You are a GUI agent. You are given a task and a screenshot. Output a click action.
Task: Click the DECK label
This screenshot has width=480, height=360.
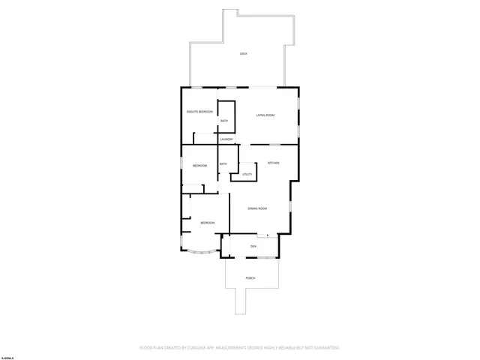click(x=243, y=54)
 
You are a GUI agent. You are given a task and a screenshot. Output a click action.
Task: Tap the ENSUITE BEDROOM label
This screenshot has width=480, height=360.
click(x=200, y=112)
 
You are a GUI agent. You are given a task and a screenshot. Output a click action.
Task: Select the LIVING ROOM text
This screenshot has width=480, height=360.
click(x=265, y=115)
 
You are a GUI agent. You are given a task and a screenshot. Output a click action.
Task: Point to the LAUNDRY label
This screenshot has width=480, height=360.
click(x=226, y=139)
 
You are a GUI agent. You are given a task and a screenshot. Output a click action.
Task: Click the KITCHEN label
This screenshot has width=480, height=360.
click(x=274, y=163)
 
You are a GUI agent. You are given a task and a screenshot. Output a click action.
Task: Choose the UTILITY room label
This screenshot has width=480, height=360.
click(x=247, y=174)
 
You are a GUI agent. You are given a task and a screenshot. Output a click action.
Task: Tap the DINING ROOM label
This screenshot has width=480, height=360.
click(x=257, y=208)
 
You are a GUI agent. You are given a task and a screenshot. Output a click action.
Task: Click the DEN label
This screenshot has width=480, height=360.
click(x=253, y=245)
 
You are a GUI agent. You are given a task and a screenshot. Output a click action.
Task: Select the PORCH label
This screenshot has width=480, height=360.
click(x=250, y=278)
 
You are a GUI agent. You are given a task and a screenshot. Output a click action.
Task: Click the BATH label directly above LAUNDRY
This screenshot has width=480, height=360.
click(x=224, y=121)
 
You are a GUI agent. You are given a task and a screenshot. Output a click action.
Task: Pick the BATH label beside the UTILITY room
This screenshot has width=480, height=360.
click(x=223, y=164)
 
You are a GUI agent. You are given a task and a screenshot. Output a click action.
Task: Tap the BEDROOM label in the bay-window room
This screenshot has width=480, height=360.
click(x=207, y=223)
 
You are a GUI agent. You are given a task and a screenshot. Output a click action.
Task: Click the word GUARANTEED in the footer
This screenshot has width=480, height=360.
click(x=324, y=348)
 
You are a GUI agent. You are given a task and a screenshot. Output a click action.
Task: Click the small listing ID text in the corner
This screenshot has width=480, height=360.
click(x=8, y=348)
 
